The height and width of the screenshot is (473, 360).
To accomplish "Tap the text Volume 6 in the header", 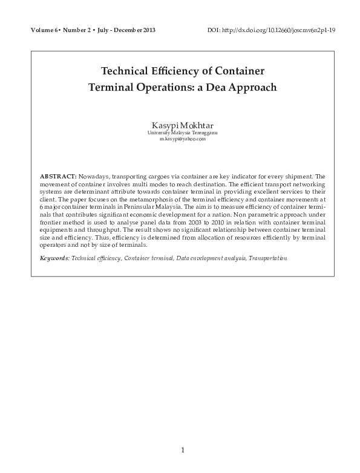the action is click(x=39, y=30).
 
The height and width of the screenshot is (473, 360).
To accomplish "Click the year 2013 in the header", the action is click(x=149, y=30).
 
